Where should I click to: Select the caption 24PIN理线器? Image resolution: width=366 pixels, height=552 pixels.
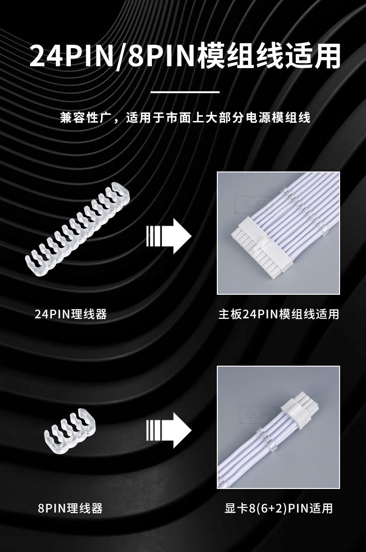[x=71, y=314]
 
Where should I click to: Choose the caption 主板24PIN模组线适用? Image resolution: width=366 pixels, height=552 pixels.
[x=278, y=314]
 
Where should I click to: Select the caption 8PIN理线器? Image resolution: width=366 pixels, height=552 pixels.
[x=70, y=509]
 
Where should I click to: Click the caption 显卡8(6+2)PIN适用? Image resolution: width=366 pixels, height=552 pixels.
[x=278, y=509]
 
